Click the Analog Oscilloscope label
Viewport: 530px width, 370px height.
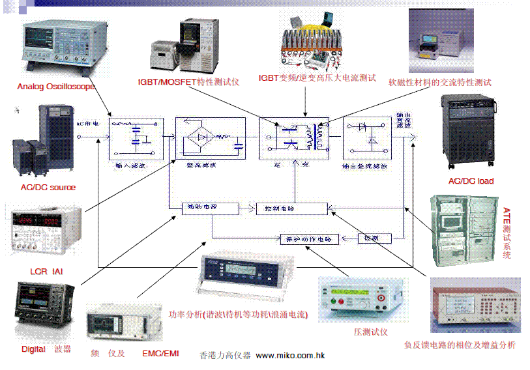click(x=56, y=87)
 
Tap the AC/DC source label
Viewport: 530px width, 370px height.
click(x=48, y=188)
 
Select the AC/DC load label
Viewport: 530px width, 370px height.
click(x=471, y=181)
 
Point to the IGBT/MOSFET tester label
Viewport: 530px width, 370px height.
click(x=188, y=83)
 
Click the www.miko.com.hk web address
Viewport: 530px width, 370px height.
click(x=290, y=356)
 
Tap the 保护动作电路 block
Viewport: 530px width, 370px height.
click(x=310, y=239)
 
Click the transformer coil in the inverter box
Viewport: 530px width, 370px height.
click(x=319, y=137)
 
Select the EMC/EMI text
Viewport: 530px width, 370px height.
click(x=160, y=354)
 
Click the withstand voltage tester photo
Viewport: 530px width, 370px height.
click(x=361, y=300)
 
